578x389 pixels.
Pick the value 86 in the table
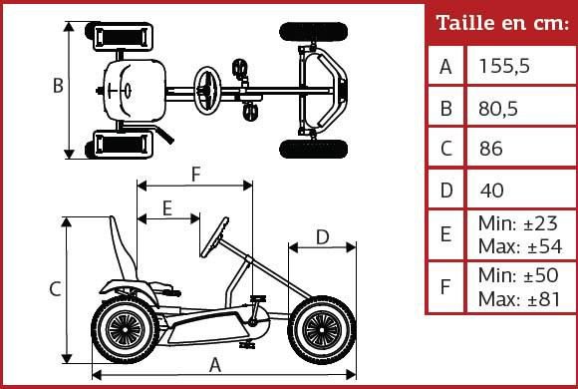pos(490,149)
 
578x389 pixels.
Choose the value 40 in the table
pos(492,190)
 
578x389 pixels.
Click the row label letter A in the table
pos(446,67)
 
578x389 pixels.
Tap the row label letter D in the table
pos(446,190)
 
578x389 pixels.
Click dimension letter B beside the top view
pos(58,86)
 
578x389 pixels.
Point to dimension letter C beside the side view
pos(56,289)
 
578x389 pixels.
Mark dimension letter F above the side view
pos(196,174)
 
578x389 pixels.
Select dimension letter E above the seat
pos(166,207)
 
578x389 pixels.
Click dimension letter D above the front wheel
pos(322,236)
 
